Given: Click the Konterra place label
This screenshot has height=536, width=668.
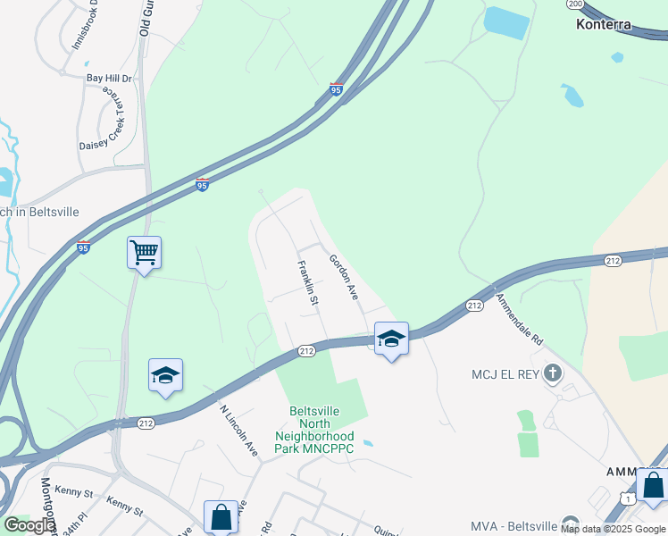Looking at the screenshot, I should click(x=603, y=25).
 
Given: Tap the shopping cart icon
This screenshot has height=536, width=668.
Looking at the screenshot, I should click(x=144, y=253).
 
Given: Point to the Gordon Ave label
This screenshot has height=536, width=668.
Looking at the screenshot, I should click(x=344, y=277).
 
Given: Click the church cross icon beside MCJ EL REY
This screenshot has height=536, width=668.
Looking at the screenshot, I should click(x=553, y=372).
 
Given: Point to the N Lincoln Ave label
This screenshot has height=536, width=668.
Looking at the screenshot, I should click(x=238, y=431).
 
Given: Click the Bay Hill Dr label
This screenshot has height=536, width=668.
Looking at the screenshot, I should click(x=109, y=79).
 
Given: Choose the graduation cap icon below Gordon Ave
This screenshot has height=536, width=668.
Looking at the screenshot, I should click(x=391, y=339).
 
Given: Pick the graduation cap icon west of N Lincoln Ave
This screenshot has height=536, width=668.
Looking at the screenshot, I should click(x=165, y=375).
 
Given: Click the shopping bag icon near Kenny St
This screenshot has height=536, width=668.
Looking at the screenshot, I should click(x=221, y=516).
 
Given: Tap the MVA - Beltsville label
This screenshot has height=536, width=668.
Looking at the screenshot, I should click(x=513, y=525).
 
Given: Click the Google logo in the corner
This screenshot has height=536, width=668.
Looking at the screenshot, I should click(x=29, y=525).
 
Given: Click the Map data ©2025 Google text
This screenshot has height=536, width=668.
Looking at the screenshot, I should click(x=613, y=530).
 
